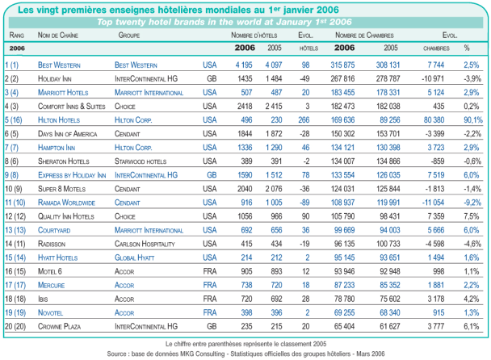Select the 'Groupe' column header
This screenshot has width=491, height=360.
(x=130, y=37)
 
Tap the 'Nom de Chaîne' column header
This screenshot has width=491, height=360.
(x=56, y=37)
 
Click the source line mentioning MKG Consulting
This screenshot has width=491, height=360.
(x=245, y=352)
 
